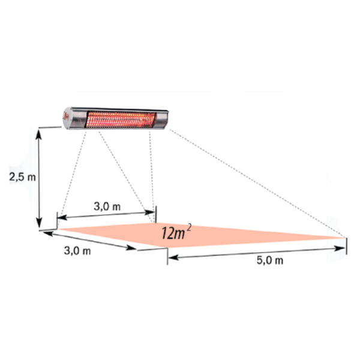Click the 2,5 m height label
click(x=23, y=177)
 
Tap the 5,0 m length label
click(x=270, y=260)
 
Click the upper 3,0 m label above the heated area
click(x=107, y=206)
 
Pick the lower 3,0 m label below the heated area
click(x=77, y=250)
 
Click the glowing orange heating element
click(x=121, y=119)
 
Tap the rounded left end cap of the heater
click(x=68, y=118)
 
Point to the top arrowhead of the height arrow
click(x=38, y=134)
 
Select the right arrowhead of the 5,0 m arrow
click(x=340, y=248)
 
